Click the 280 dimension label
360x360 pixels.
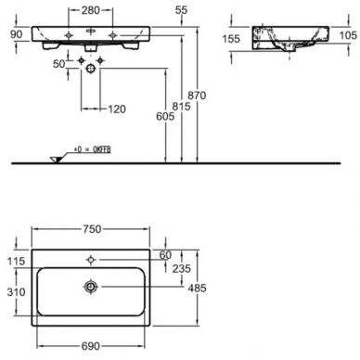click(x=91, y=10)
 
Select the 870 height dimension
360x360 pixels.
click(x=197, y=96)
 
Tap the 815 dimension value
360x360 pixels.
click(x=181, y=107)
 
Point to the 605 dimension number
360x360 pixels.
click(x=165, y=116)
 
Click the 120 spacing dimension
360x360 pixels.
click(x=117, y=109)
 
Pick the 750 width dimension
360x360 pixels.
click(x=92, y=229)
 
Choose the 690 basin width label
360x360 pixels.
click(x=91, y=346)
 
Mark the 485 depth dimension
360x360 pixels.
click(x=197, y=289)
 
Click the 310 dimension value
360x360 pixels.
click(x=16, y=291)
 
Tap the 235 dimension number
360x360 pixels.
click(x=182, y=268)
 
